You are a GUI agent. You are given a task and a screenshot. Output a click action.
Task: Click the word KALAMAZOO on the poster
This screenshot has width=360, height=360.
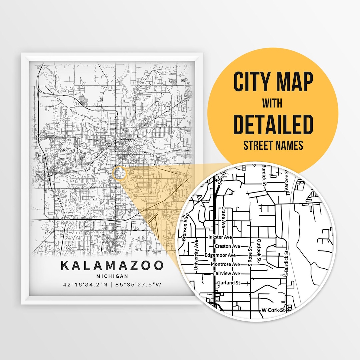tap(112, 266)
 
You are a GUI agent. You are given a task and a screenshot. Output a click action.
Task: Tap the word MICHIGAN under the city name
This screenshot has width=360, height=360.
tap(112, 276)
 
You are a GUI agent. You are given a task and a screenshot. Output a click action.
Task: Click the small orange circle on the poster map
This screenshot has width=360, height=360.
tap(120, 174)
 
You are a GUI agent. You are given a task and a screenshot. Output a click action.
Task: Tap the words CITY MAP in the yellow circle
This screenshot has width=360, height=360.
tap(273, 82)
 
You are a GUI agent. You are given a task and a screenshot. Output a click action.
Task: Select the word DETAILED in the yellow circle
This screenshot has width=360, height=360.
tap(273, 124)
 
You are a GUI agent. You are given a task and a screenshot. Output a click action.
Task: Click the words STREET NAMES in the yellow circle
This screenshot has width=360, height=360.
tap(273, 146)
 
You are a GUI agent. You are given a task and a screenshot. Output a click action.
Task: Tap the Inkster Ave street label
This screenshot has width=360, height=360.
tap(219, 237)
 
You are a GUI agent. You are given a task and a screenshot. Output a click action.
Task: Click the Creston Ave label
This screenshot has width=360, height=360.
tap(227, 246)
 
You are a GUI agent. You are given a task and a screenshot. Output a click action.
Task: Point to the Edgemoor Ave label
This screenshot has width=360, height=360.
tap(220, 255)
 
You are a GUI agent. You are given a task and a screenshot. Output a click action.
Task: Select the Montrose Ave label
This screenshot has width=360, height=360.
tap(225, 264)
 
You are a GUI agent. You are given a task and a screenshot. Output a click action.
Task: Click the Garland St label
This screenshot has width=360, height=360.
tap(228, 283)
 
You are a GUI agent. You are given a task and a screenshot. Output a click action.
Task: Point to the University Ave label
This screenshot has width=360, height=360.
tap(196, 255)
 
